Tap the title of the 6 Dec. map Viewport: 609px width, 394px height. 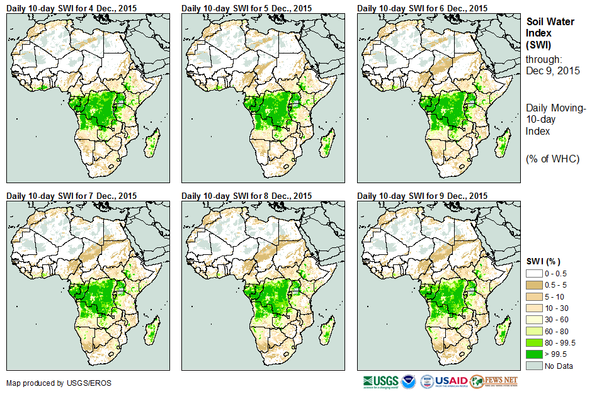pos(422,8)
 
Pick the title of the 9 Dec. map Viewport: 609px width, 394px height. pos(422,196)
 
